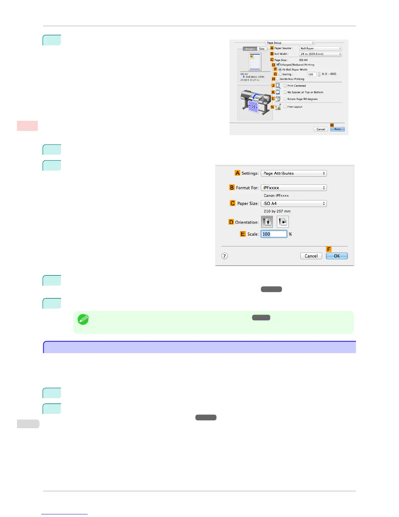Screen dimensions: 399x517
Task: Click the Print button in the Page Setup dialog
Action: point(337,129)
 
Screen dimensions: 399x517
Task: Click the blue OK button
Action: point(337,256)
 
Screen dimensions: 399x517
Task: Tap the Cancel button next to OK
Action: point(311,256)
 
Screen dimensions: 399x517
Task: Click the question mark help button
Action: point(225,256)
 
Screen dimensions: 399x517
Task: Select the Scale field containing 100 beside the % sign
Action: point(274,234)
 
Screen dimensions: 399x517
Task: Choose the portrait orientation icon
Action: point(267,222)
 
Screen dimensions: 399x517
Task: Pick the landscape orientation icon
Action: point(283,222)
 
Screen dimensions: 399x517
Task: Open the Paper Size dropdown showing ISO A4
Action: point(294,203)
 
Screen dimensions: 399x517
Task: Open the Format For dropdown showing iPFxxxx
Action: point(294,188)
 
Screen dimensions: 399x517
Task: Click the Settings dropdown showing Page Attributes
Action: point(294,173)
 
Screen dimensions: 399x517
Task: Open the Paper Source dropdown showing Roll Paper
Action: point(320,48)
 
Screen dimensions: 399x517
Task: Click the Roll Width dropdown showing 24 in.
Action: point(320,54)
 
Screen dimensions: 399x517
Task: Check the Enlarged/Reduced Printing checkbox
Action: point(278,65)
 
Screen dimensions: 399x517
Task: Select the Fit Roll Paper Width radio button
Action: point(280,70)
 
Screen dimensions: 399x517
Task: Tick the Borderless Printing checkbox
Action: point(278,79)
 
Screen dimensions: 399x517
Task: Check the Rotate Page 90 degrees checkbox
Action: point(285,99)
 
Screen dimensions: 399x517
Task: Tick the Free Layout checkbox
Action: point(285,107)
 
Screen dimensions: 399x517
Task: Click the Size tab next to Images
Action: point(262,49)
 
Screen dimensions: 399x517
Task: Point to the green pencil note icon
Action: point(83,319)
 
